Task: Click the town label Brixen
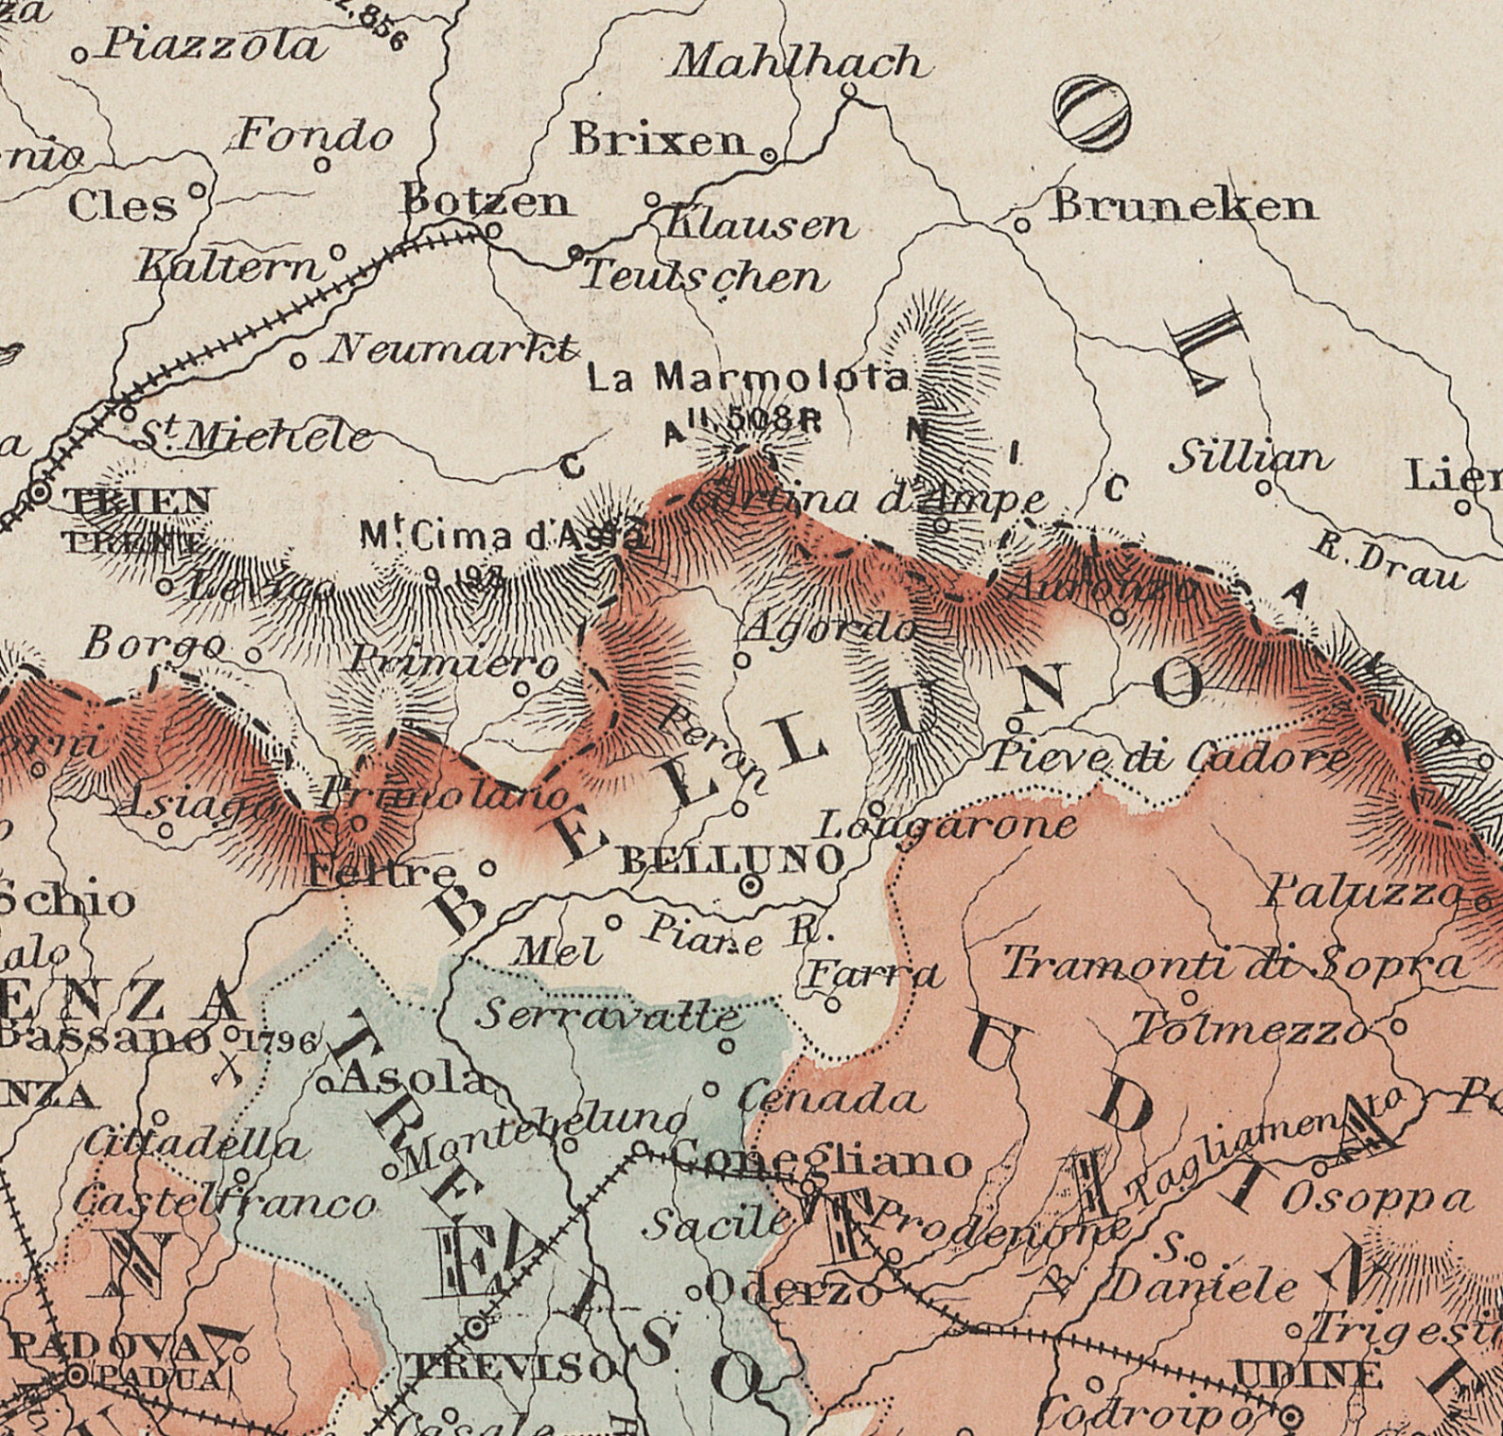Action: click(659, 141)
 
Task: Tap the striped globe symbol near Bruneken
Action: click(1092, 114)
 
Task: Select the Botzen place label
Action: click(486, 201)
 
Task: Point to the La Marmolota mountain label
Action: click(748, 379)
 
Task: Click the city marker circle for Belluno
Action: click(751, 886)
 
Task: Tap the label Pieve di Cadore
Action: click(1169, 758)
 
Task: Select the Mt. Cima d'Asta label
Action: click(503, 538)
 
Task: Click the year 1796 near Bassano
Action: click(277, 1042)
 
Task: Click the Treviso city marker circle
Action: click(478, 1329)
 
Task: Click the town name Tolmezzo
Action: click(1249, 1028)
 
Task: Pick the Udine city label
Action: click(1306, 1374)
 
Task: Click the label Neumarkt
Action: click(451, 350)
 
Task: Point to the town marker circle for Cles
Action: click(198, 190)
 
